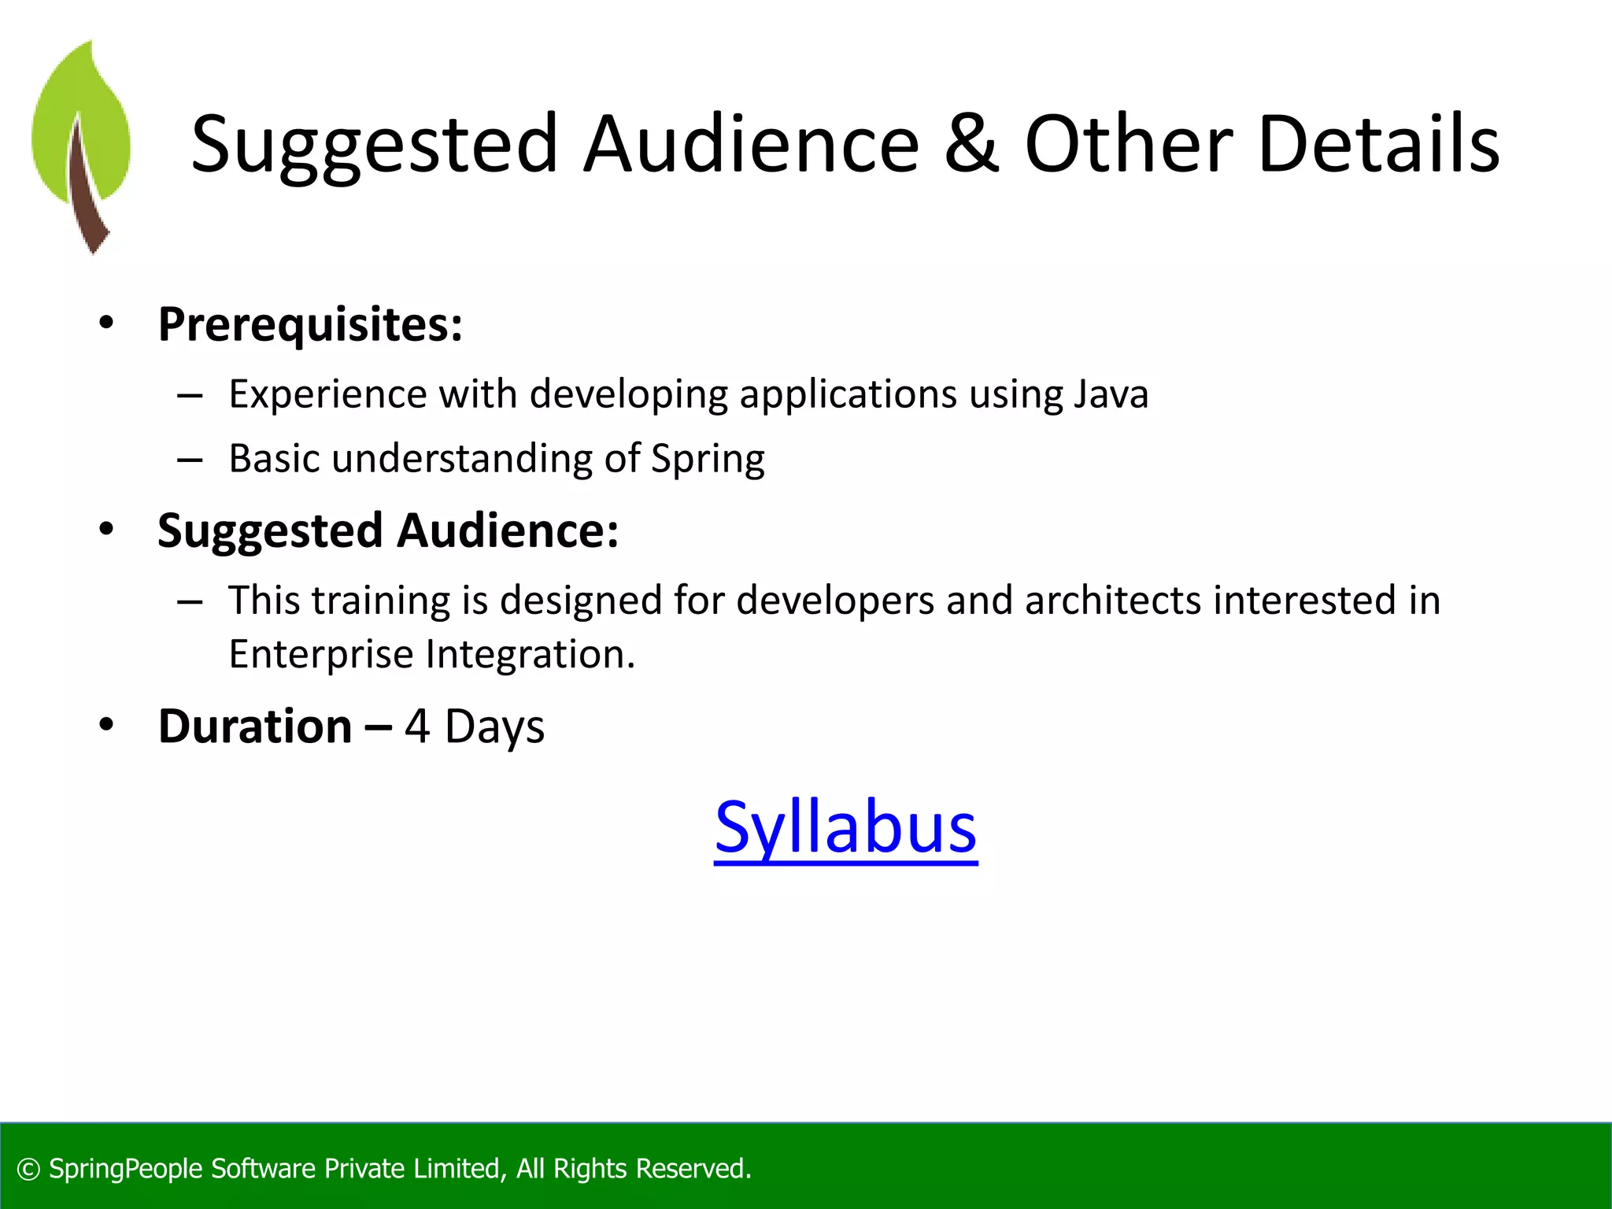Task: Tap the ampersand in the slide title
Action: (971, 143)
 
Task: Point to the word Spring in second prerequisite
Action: (708, 459)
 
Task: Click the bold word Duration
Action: (255, 726)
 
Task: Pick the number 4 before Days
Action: (417, 727)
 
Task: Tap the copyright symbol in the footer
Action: (28, 1170)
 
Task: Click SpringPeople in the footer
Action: (126, 1170)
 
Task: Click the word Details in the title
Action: (1378, 143)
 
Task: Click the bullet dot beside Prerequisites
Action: (106, 323)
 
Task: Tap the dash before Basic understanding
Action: (190, 460)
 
